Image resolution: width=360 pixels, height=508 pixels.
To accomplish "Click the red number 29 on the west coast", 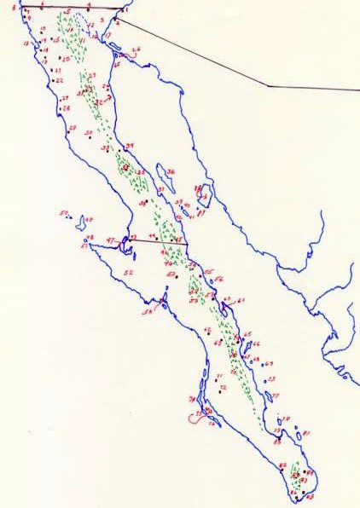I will point(73,128).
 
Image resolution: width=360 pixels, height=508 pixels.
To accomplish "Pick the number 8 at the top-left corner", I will point(14,7).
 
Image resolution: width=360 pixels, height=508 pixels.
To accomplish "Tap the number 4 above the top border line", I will point(89,5).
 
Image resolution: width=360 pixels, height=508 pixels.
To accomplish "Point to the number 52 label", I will point(128,272).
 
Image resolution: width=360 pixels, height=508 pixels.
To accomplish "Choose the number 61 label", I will point(241,300).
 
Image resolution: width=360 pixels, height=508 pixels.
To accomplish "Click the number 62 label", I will point(206,329).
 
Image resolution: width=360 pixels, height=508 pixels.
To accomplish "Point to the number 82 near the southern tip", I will point(282,464).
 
